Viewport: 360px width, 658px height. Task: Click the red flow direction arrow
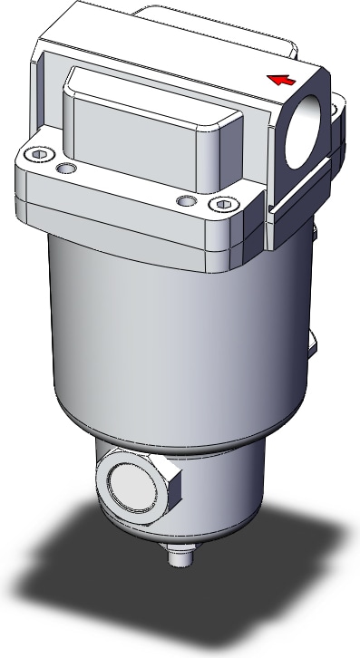click(x=282, y=79)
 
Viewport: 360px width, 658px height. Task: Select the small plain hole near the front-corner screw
click(x=185, y=198)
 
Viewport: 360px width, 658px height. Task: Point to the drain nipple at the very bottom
click(x=180, y=554)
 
